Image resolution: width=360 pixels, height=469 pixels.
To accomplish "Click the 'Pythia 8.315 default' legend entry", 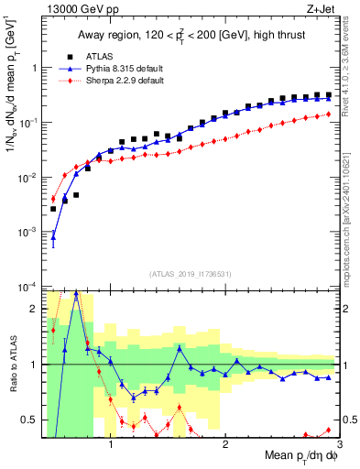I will click(121, 69).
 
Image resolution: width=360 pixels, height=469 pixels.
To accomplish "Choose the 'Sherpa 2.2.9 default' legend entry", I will click(121, 81).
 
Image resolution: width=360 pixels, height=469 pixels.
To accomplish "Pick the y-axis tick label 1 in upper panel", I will click(36, 68).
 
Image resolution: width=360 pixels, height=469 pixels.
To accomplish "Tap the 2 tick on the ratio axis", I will click(36, 309).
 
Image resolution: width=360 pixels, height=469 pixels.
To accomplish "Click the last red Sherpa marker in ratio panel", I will click(329, 430).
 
